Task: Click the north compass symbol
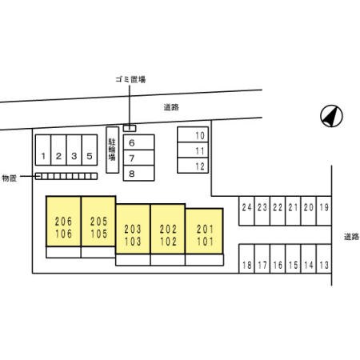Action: tap(331, 116)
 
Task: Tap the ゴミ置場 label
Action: tap(130, 79)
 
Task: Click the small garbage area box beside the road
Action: tap(130, 128)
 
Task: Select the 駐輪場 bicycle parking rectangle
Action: tap(113, 150)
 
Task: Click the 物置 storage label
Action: tap(10, 178)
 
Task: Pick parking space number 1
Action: tap(43, 150)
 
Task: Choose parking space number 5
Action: tap(90, 150)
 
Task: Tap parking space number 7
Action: tap(138, 158)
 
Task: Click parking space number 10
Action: tap(193, 134)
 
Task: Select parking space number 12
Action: tap(193, 166)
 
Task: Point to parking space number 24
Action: tap(246, 211)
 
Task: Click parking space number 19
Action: tap(324, 211)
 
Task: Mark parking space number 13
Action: tap(324, 258)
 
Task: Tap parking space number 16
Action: tap(278, 258)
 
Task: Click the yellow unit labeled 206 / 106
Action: tap(63, 221)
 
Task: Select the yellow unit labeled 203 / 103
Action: tap(133, 229)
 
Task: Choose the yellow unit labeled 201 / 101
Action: tap(204, 231)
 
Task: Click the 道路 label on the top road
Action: tap(171, 107)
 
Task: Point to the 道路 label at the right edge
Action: tap(351, 237)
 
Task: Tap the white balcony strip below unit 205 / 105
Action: tap(98, 252)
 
